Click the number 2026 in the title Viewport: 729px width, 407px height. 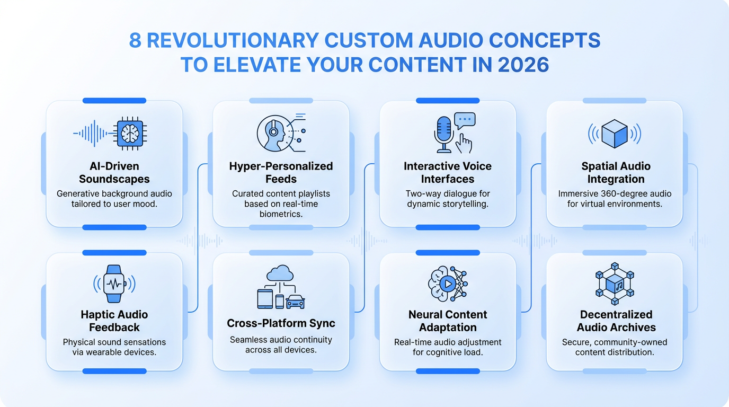(523, 65)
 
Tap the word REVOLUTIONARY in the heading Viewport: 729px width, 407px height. (233, 40)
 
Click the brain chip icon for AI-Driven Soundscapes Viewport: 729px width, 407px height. (130, 133)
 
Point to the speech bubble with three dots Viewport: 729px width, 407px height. (465, 120)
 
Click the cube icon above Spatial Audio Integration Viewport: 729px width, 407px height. (615, 134)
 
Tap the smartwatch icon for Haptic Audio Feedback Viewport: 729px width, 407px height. (114, 284)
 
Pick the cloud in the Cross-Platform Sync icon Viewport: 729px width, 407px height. (280, 272)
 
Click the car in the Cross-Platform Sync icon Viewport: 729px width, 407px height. (296, 302)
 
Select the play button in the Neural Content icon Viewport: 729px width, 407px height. (448, 284)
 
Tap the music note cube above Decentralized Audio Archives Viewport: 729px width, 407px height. (615, 285)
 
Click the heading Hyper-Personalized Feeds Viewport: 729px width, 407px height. (281, 173)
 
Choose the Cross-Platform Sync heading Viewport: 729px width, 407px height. (281, 323)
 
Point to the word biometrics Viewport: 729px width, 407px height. (281, 214)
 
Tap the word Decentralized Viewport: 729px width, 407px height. (616, 315)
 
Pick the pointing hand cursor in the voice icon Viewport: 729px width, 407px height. (464, 144)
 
